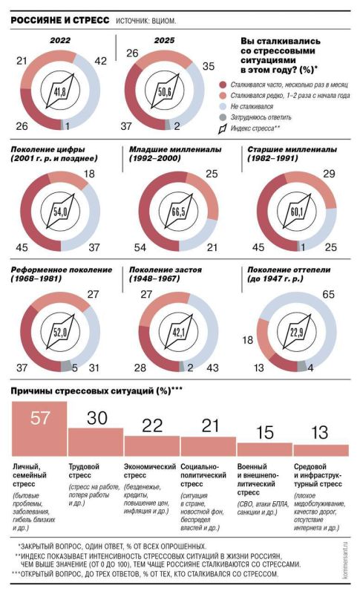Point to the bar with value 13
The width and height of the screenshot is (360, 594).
tap(321, 448)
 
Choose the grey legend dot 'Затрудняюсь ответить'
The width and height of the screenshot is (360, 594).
tap(223, 117)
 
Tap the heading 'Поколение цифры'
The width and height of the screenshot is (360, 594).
tap(54, 154)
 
